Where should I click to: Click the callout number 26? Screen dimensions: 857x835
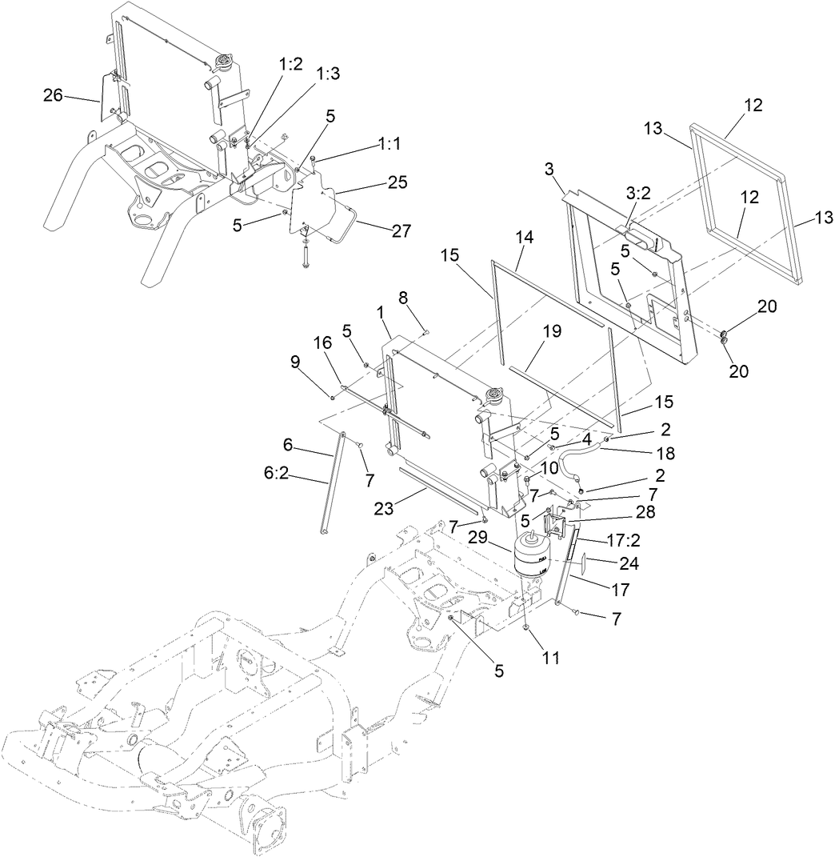(x=52, y=96)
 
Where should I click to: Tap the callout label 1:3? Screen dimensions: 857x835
(x=328, y=74)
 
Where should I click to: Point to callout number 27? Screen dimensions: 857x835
(x=401, y=230)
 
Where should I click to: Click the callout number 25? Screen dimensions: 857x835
(x=397, y=182)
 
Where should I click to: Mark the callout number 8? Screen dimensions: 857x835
(x=403, y=296)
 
